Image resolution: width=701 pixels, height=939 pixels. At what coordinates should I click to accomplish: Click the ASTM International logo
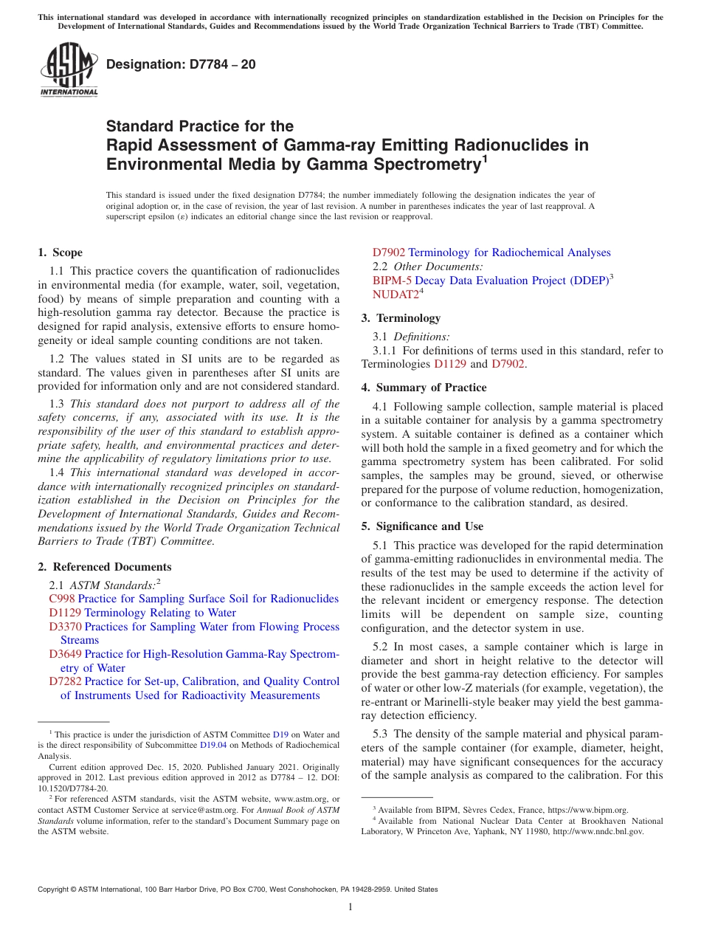pyautogui.click(x=68, y=70)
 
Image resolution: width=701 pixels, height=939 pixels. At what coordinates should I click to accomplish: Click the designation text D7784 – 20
pyautogui.click(x=181, y=64)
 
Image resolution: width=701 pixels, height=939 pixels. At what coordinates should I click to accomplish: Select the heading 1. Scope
pyautogui.click(x=61, y=252)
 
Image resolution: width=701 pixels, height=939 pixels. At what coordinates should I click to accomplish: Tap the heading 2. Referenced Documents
pyautogui.click(x=105, y=567)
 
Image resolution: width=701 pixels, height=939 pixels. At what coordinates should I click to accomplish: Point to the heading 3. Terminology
pyautogui.click(x=401, y=318)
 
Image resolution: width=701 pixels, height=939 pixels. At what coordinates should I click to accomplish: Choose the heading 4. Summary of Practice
pyautogui.click(x=424, y=388)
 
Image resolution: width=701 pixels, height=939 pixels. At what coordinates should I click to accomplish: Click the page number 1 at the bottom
pyautogui.click(x=350, y=907)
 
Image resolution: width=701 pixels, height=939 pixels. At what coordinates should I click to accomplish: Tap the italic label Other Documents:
pyautogui.click(x=438, y=266)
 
